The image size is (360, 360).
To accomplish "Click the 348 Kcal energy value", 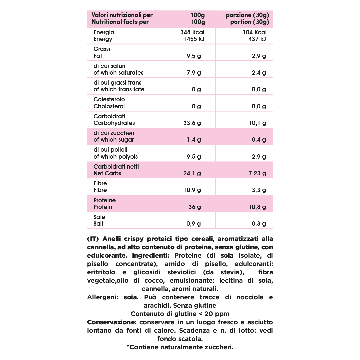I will [192, 32].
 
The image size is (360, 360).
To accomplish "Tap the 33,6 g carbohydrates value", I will [192, 123].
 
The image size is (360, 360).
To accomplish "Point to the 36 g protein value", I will [195, 207].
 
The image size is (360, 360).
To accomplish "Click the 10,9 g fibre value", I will [192, 190].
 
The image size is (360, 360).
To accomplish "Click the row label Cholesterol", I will [109, 106].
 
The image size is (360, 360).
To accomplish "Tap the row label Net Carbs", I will [107, 173].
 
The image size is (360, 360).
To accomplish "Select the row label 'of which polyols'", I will [115, 157].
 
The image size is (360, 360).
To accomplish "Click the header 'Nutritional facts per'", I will [120, 22].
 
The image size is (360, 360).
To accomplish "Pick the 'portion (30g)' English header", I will [249, 22].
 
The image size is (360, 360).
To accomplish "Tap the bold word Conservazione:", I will [112, 322].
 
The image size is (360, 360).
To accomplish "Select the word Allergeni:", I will [103, 297].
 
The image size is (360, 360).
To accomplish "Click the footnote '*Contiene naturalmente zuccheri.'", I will [180, 347].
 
